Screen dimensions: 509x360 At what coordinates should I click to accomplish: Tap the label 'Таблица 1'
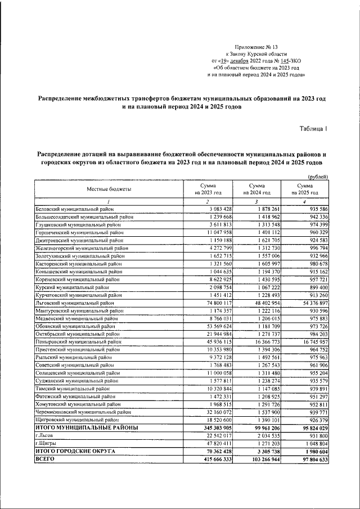click(x=313, y=129)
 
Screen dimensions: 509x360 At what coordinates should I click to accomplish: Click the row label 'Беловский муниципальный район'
click(x=74, y=209)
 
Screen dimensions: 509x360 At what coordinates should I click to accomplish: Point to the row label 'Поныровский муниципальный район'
click(x=78, y=341)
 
